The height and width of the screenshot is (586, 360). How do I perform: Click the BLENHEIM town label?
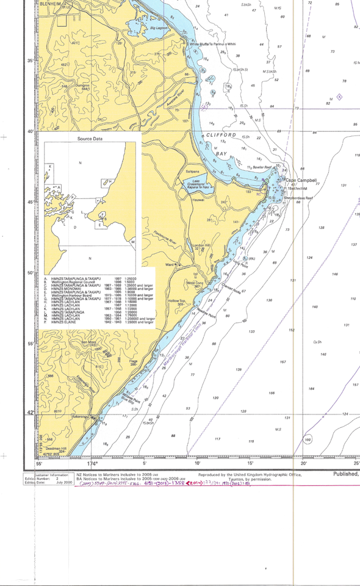tap(51, 3)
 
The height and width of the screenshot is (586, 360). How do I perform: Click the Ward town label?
tap(170, 264)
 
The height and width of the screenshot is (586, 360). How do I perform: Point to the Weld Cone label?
tap(194, 283)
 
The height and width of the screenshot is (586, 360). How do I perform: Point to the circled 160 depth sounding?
tap(308, 440)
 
